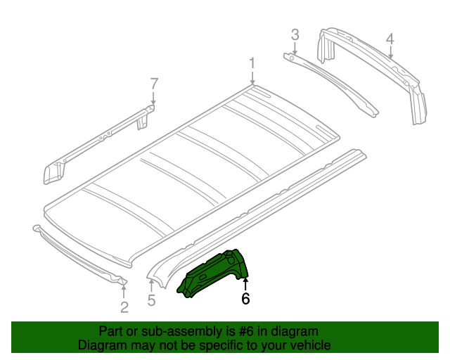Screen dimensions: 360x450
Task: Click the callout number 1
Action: click(252, 65)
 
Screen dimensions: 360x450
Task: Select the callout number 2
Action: click(124, 307)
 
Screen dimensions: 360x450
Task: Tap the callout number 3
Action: click(295, 34)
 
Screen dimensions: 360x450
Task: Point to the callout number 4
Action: click(390, 39)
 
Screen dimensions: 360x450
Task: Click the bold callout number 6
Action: click(245, 299)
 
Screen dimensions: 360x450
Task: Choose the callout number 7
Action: click(154, 85)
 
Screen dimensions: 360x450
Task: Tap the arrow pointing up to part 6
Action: click(245, 283)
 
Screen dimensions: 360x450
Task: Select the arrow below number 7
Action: click(154, 101)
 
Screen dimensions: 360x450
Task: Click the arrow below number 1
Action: click(252, 79)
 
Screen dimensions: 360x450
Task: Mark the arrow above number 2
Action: click(124, 287)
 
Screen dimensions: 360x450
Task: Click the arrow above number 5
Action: click(150, 284)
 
